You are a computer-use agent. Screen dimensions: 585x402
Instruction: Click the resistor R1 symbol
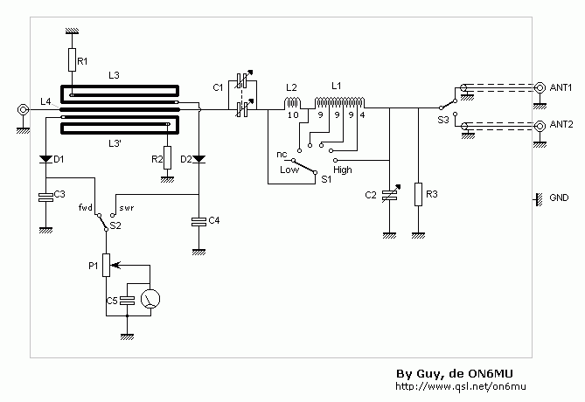72,59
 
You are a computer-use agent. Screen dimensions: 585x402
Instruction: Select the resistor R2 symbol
168,158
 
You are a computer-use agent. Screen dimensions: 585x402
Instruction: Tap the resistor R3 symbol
418,194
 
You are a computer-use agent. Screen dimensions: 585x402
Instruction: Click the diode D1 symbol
45,159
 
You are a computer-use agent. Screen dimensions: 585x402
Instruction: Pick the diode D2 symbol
198,159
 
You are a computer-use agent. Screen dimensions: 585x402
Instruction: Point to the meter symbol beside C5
150,298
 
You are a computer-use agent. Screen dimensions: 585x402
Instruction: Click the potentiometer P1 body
107,265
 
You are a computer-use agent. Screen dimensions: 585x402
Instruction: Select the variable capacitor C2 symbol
390,194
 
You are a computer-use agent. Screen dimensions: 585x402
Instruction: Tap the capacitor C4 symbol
198,222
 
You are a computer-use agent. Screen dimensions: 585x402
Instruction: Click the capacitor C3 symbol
45,198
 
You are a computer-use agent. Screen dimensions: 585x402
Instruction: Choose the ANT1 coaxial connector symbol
540,87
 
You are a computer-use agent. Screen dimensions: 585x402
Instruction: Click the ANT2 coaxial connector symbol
540,126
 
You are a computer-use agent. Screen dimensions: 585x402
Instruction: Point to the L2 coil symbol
292,102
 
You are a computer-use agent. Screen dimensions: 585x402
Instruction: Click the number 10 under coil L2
293,115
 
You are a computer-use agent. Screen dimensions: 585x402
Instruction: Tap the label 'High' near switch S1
343,170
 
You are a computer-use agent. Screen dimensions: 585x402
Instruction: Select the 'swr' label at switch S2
127,208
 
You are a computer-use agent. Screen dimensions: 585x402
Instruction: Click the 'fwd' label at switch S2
86,207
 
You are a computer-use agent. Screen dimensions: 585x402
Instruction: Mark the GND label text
559,198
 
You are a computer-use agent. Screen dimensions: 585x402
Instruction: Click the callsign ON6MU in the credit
491,374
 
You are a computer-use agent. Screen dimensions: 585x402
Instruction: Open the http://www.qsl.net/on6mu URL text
461,386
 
